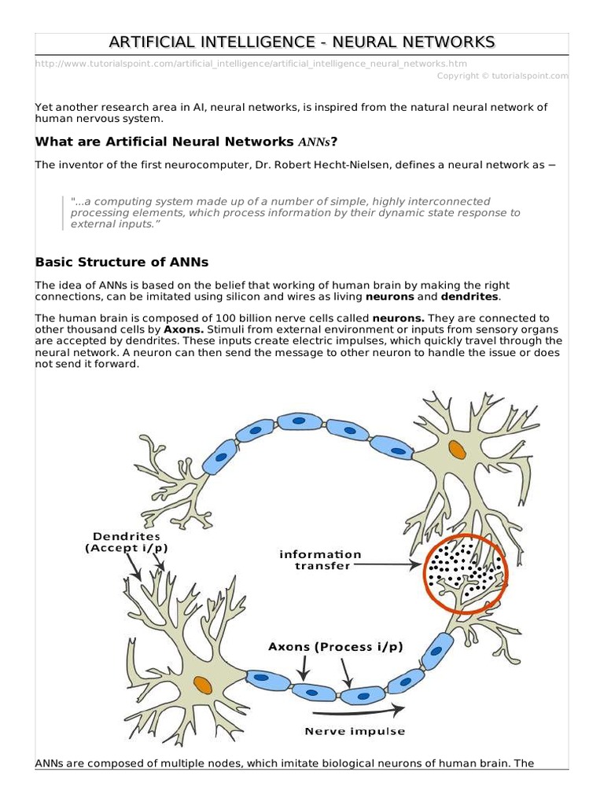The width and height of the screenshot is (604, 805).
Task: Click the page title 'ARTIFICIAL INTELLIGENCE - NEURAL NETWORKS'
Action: pyautogui.click(x=302, y=42)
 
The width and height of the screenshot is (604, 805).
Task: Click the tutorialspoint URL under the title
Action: pyautogui.click(x=256, y=64)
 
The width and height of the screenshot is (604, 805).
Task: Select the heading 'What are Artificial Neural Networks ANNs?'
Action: pyautogui.click(x=186, y=142)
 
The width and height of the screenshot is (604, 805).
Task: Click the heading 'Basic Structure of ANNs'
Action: pyautogui.click(x=122, y=262)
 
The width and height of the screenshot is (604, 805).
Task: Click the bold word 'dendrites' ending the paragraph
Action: pyautogui.click(x=469, y=296)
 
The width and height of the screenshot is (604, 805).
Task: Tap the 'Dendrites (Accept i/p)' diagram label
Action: pyautogui.click(x=127, y=542)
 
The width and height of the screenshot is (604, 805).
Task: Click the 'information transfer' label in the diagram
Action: pyautogui.click(x=320, y=560)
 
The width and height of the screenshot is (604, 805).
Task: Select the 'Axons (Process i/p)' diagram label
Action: pyautogui.click(x=336, y=647)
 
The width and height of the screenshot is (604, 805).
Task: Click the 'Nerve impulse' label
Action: pyautogui.click(x=355, y=731)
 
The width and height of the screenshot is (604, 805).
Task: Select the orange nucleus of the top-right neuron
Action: pyautogui.click(x=456, y=450)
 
